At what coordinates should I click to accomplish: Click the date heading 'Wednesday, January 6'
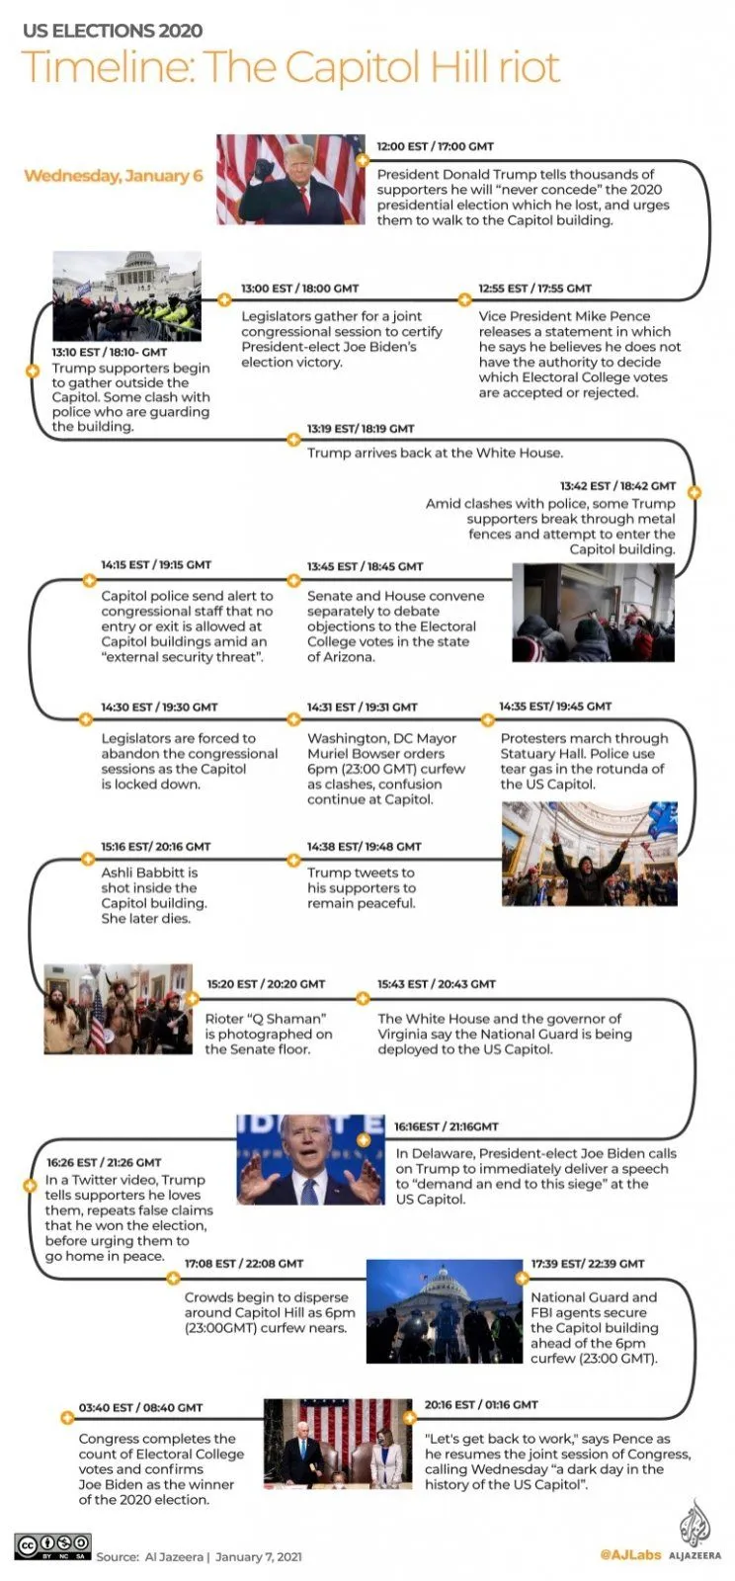[113, 176]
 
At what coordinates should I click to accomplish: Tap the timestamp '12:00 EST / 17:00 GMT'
[435, 146]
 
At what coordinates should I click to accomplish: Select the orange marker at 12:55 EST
[464, 298]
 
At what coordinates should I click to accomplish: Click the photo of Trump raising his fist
[290, 180]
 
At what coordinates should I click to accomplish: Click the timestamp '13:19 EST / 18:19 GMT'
[361, 429]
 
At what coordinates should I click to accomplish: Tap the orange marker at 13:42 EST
[694, 492]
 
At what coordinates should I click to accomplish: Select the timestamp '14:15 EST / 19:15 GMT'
[156, 565]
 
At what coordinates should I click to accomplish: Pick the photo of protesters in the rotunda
[589, 854]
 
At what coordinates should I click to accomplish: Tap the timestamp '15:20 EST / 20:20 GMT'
[266, 984]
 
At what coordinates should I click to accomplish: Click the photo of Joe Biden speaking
[310, 1159]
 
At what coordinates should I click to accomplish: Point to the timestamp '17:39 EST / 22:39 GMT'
[587, 1264]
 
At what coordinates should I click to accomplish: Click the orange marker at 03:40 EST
[66, 1417]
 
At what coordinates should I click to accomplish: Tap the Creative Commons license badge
[52, 1545]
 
